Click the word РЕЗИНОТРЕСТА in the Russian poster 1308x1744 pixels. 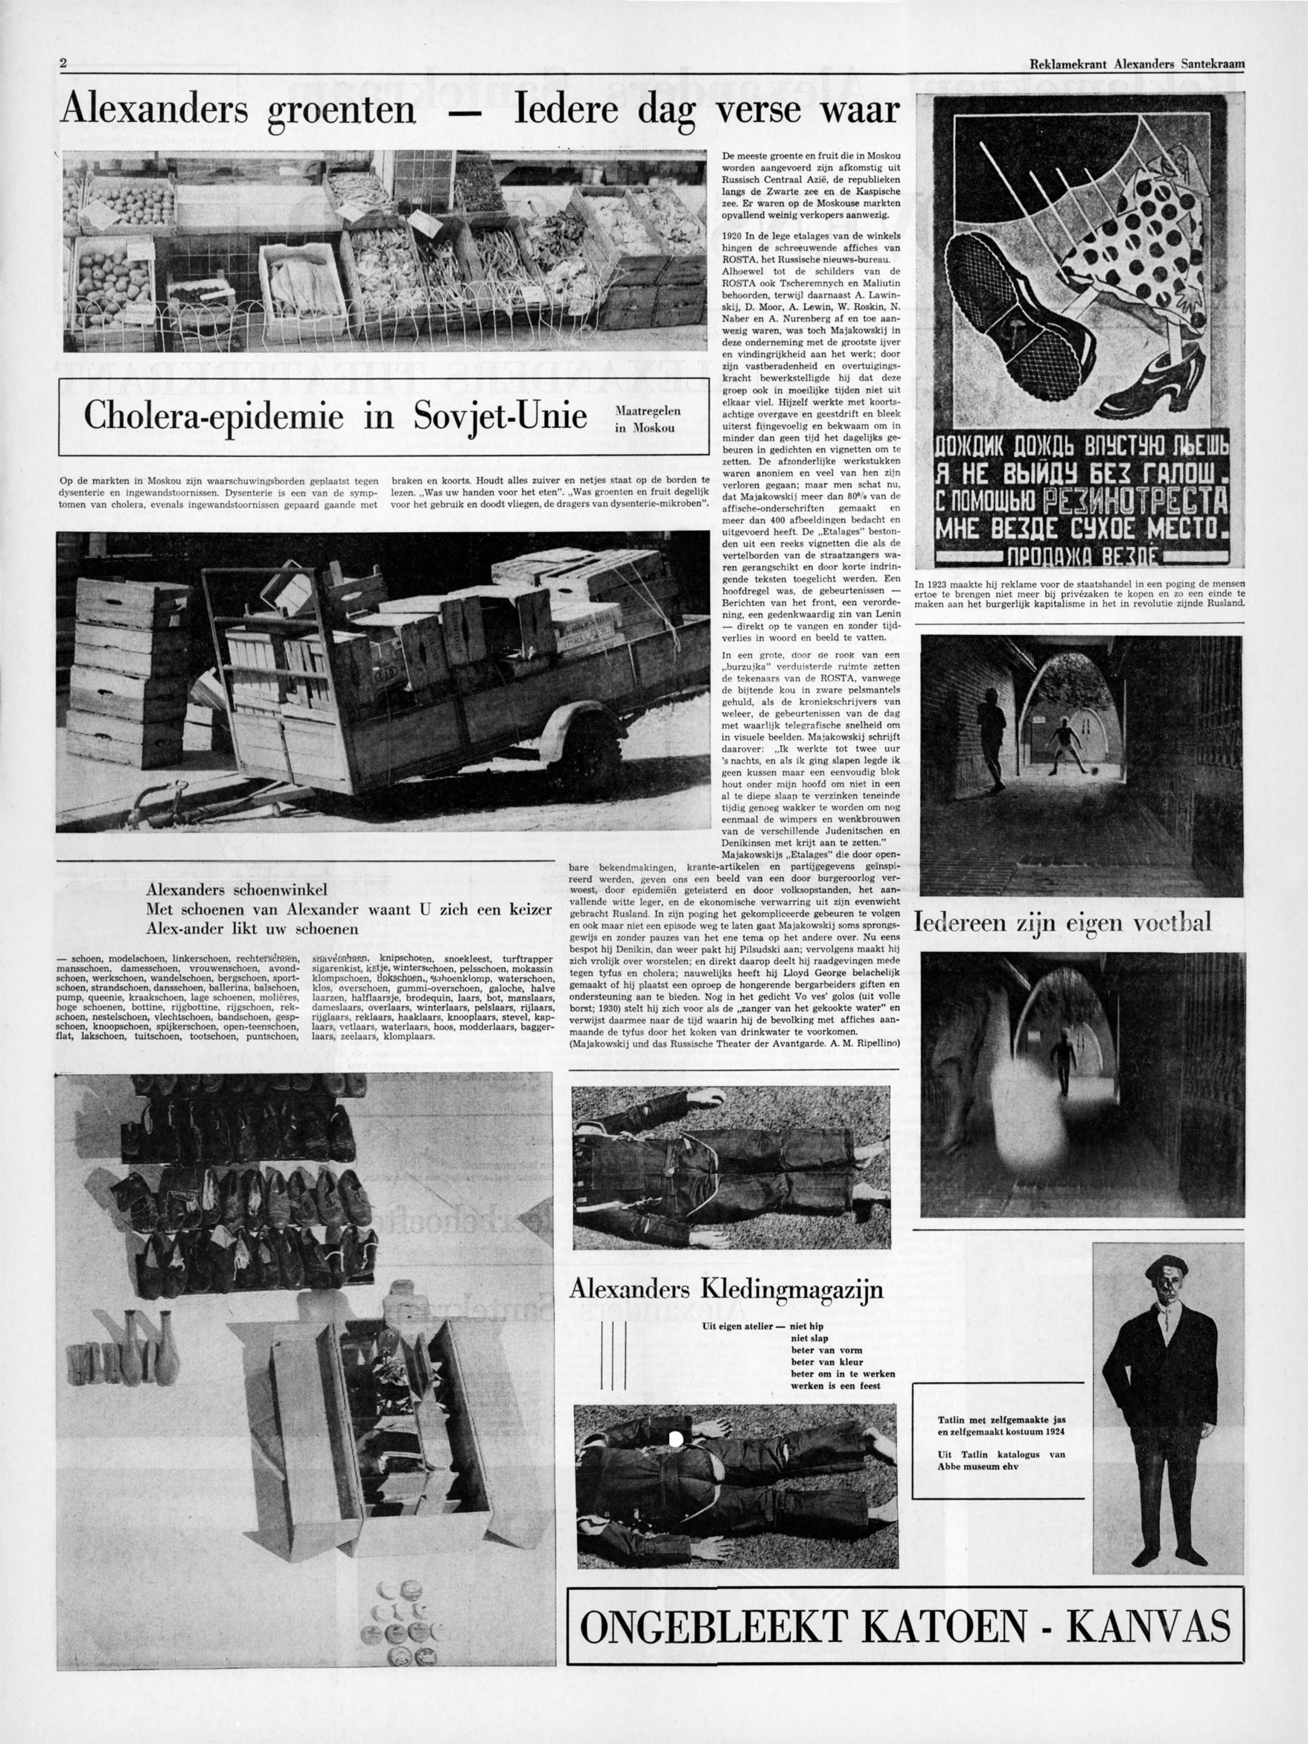click(x=1135, y=502)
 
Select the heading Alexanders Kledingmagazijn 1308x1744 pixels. click(x=726, y=1290)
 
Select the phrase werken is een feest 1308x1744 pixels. click(x=836, y=1385)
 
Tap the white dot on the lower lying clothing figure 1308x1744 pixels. click(x=675, y=1439)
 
